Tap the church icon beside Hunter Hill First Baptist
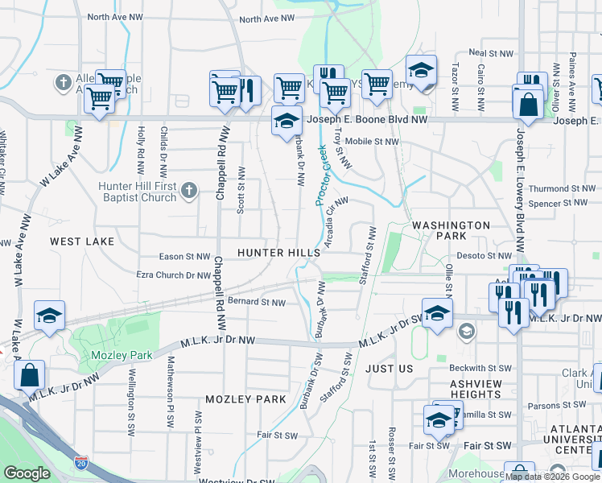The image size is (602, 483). pyautogui.click(x=188, y=191)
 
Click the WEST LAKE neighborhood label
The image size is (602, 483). pyautogui.click(x=82, y=241)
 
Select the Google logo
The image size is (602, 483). pyautogui.click(x=27, y=473)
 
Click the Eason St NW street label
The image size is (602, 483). pyautogui.click(x=184, y=257)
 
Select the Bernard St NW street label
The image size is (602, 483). pyautogui.click(x=256, y=303)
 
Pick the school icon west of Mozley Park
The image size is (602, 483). pyautogui.click(x=49, y=316)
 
